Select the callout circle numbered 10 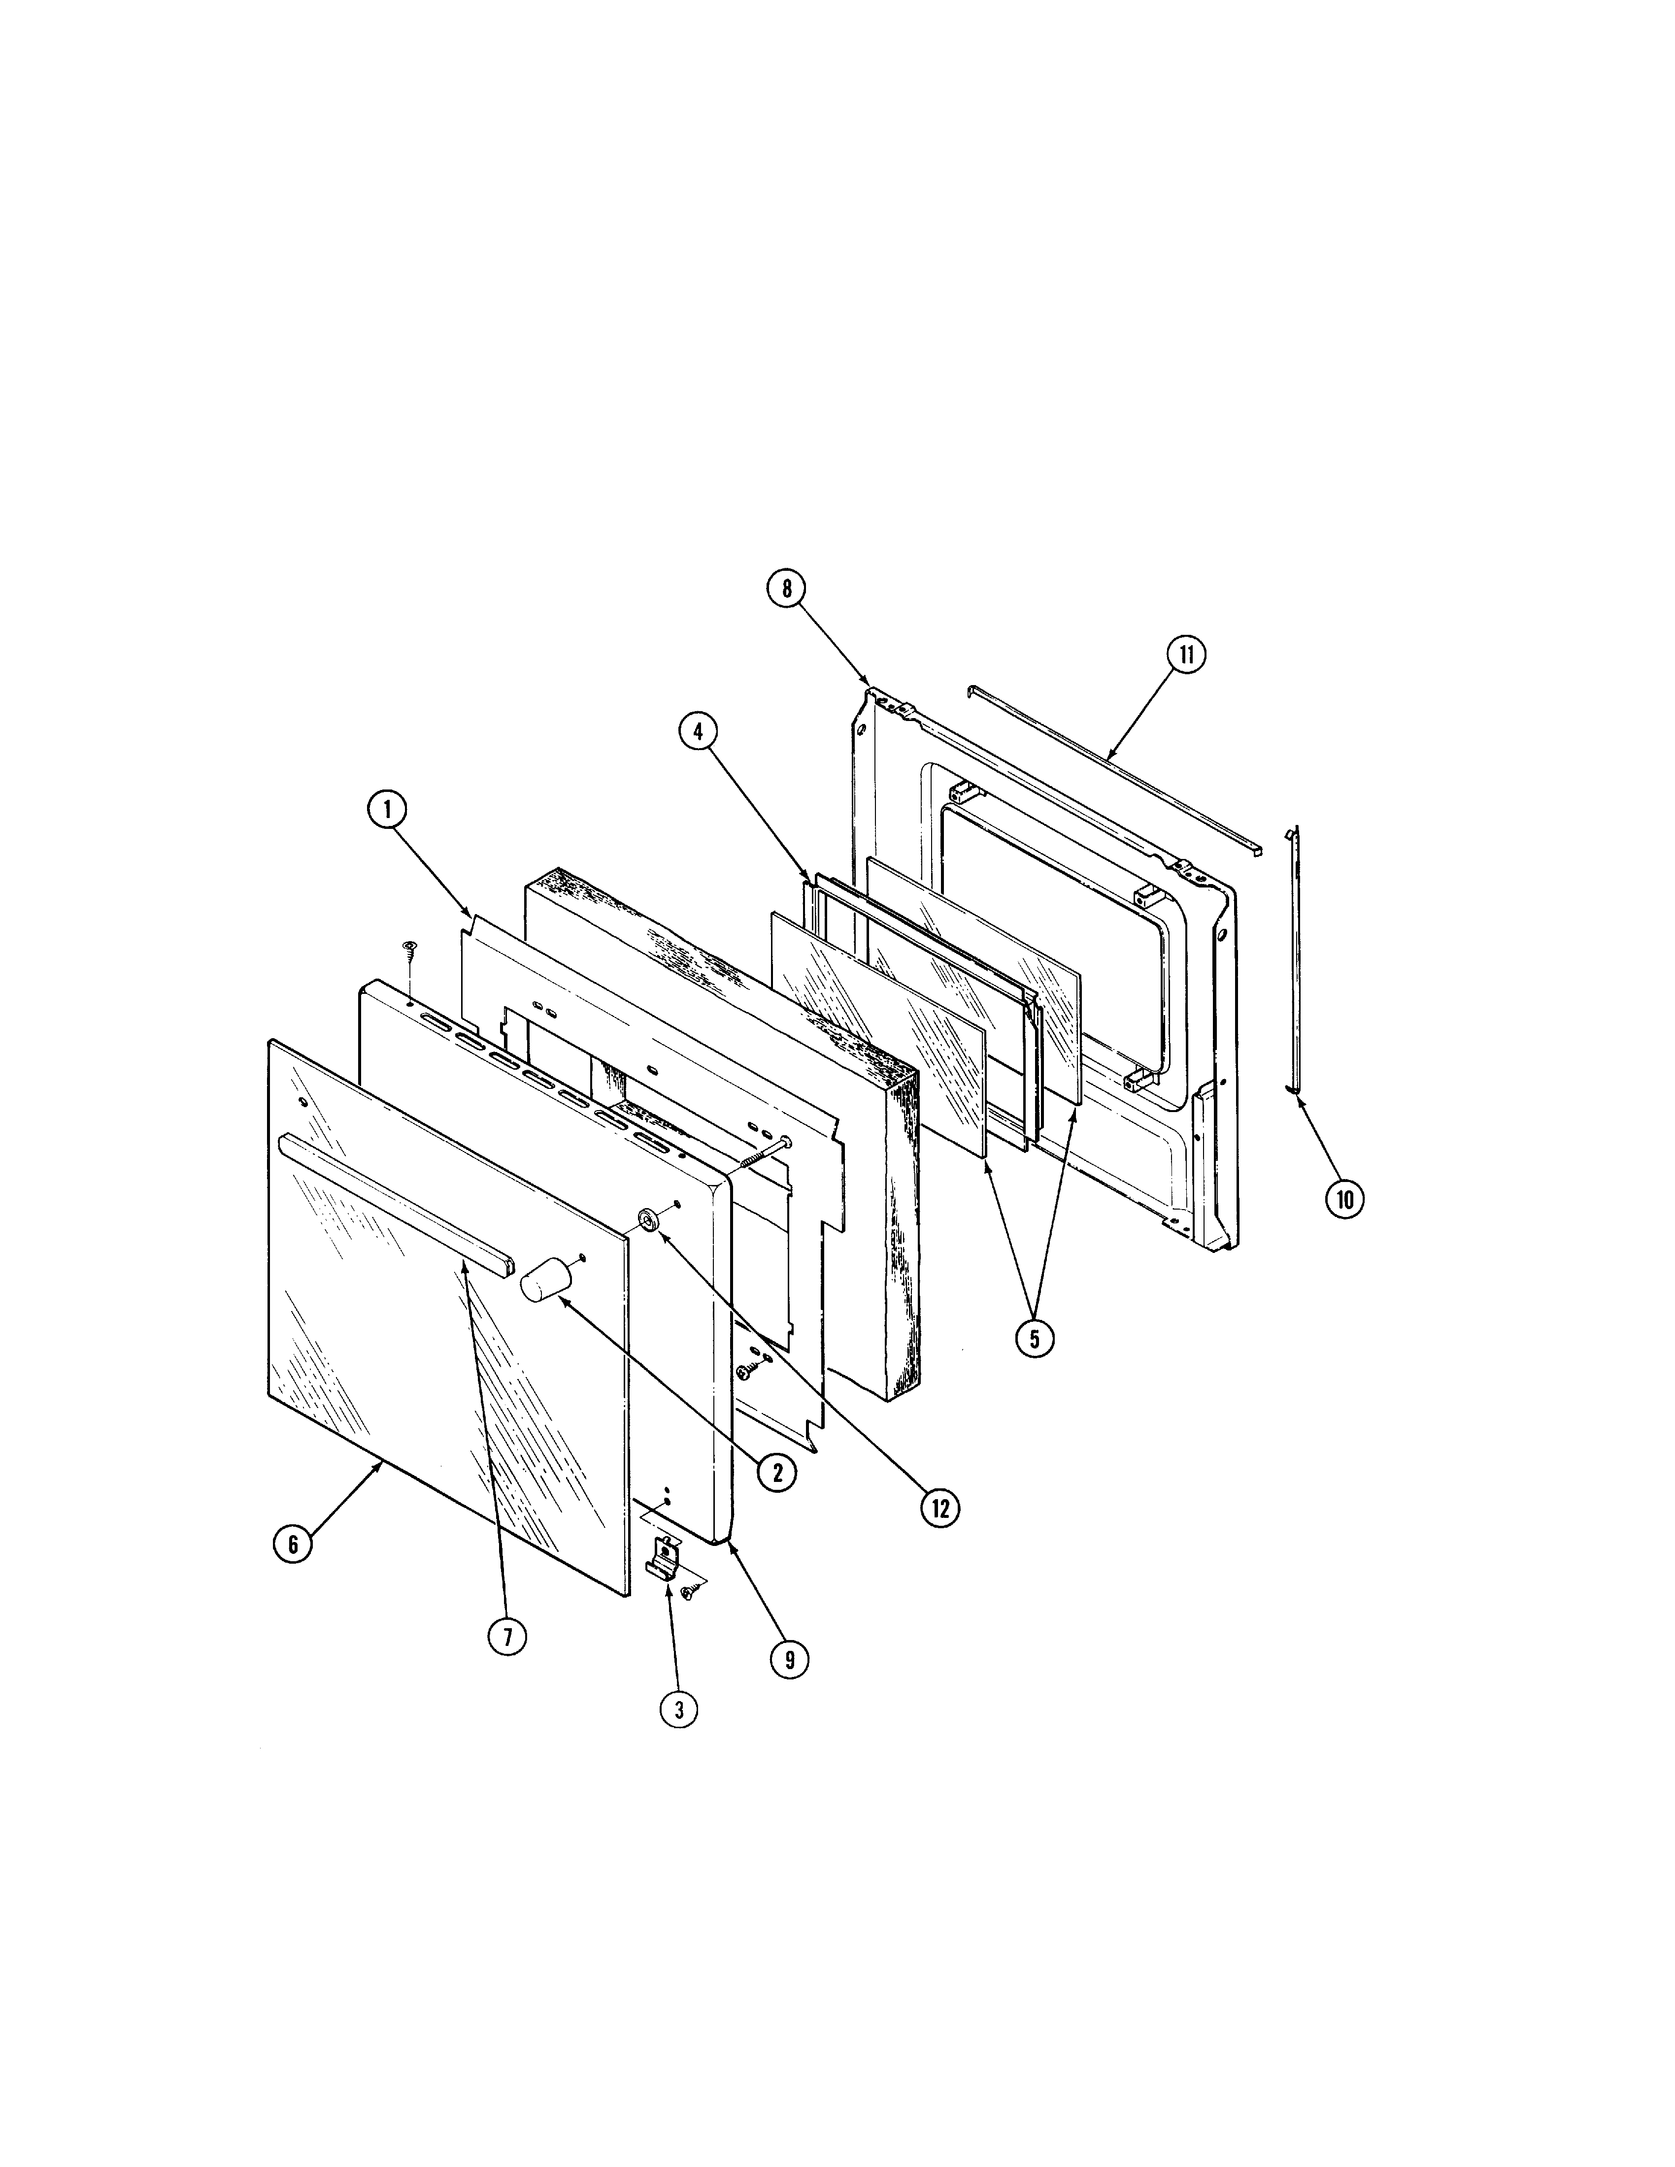(x=1344, y=1200)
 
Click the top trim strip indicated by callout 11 (x=1113, y=769)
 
